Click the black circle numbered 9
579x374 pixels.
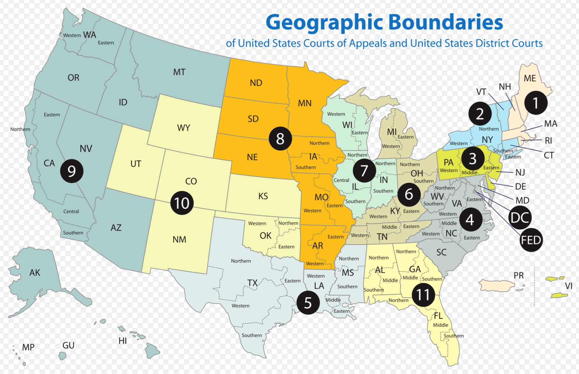[x=72, y=171]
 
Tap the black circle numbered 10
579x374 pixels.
[x=182, y=203]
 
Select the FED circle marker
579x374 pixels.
[x=531, y=240]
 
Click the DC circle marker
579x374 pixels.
[x=520, y=218]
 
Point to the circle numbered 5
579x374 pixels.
[x=308, y=303]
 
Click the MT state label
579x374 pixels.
[x=179, y=72]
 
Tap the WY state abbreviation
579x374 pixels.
[x=183, y=128]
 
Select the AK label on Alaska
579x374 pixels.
[x=35, y=273]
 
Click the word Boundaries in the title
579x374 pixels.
[x=445, y=22]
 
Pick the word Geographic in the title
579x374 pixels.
[x=324, y=22]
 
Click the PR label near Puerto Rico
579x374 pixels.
[x=518, y=276]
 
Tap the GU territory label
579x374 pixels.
[x=68, y=346]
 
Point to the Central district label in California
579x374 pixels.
[x=71, y=212]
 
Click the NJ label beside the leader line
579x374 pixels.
[x=520, y=172]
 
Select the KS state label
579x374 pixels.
[x=263, y=196]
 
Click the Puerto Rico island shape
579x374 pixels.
[x=497, y=285]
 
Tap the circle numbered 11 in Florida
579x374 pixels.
[x=423, y=295]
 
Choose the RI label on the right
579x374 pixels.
[x=548, y=141]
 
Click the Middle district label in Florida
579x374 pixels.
[x=440, y=325]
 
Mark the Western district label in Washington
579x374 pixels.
[x=72, y=35]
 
